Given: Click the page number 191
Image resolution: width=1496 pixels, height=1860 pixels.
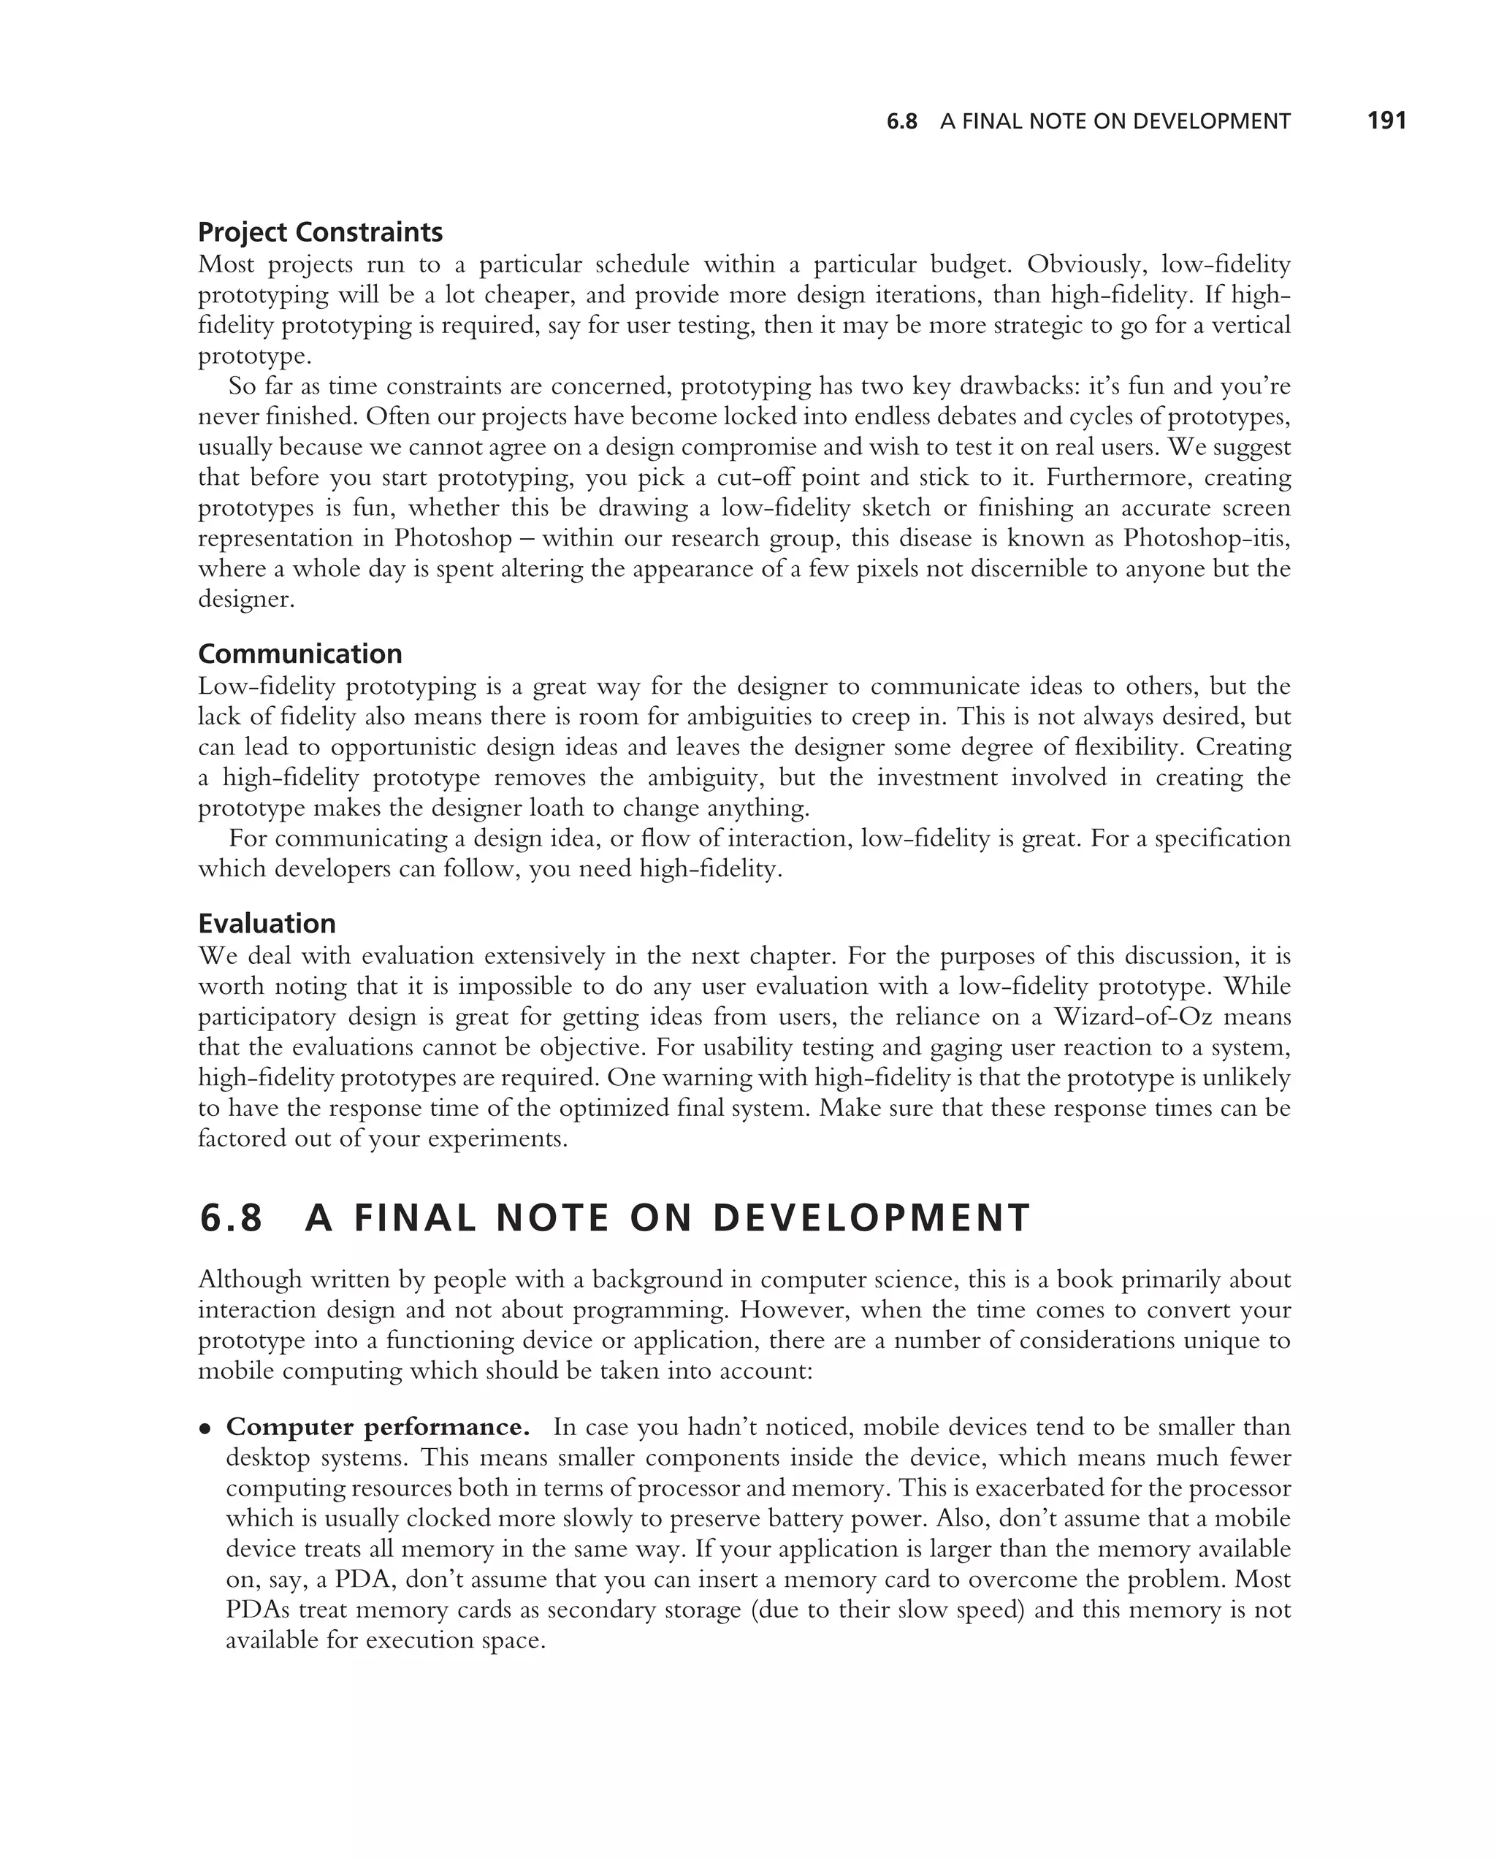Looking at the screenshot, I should click(x=1386, y=120).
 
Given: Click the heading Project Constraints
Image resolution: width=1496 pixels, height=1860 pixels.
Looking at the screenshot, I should click(x=320, y=232).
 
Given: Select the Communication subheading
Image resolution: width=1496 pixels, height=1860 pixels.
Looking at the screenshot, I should click(x=300, y=654).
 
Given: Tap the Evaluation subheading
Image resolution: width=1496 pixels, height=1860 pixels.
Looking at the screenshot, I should click(x=267, y=924).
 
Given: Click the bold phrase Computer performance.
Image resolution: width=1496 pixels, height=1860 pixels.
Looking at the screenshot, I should click(x=378, y=1427).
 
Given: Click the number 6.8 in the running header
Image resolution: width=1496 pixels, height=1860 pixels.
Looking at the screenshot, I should click(x=901, y=122).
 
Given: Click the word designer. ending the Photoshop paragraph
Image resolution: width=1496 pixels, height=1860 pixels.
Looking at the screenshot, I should click(x=246, y=600).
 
